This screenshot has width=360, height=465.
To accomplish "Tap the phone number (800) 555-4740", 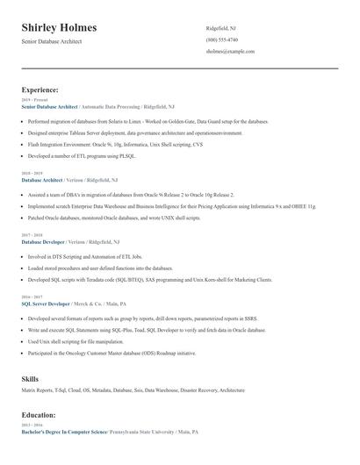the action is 221,39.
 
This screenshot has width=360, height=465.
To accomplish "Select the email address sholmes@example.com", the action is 230,52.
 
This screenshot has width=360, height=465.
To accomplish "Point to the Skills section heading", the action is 31,379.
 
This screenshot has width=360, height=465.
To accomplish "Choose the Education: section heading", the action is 39,414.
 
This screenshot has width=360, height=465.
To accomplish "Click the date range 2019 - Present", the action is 33,100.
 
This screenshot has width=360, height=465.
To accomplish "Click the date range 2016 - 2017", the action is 32,297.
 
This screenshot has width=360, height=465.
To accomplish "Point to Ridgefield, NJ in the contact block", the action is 221,27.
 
